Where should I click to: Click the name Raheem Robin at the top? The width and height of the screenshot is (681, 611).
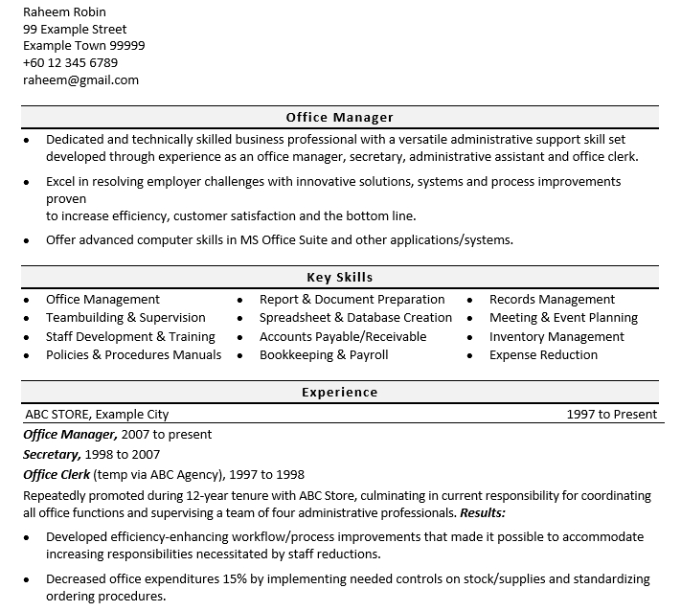tap(64, 12)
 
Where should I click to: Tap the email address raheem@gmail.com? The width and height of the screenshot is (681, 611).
tap(80, 80)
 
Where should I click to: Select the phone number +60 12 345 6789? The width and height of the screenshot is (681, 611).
tap(70, 63)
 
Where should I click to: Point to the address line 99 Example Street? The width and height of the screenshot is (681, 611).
tap(75, 29)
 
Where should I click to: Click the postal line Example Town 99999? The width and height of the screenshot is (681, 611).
tap(84, 46)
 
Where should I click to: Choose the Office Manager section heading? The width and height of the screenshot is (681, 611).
tap(339, 118)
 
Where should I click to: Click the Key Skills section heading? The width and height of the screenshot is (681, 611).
tap(339, 278)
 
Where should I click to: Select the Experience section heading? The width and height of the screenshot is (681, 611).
tap(339, 393)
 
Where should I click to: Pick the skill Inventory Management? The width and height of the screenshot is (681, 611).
tap(556, 337)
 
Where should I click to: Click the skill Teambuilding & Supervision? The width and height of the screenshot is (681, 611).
tap(125, 318)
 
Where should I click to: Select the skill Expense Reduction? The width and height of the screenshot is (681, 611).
tap(543, 355)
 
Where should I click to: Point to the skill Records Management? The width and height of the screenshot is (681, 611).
tap(552, 300)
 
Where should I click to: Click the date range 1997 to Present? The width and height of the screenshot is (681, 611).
tap(611, 415)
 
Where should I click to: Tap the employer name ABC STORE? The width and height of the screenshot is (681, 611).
tap(57, 415)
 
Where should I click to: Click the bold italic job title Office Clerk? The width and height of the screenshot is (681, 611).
tap(57, 475)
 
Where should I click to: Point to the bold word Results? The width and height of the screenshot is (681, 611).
tap(483, 513)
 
